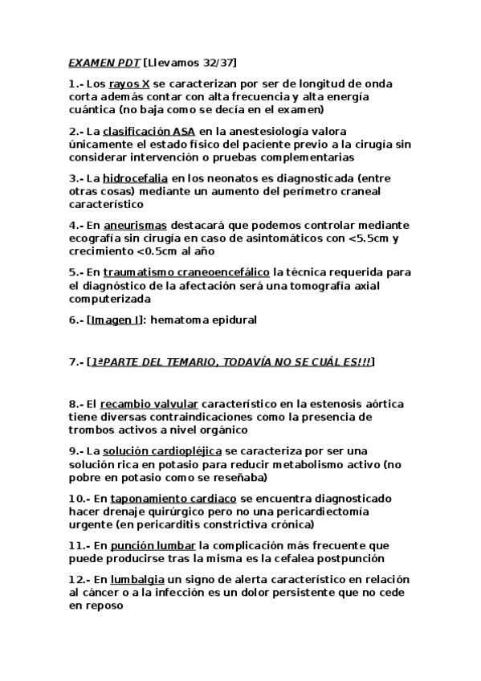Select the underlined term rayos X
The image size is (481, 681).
(x=128, y=84)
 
